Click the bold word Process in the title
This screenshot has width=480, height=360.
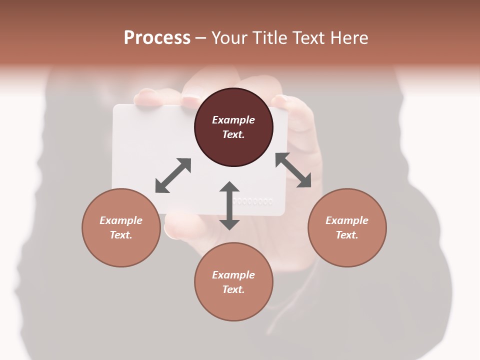pos(157,38)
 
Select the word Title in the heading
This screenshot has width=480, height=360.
pos(270,38)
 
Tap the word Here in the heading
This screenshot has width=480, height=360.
pos(348,38)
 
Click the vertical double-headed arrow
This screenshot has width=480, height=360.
pos(229,206)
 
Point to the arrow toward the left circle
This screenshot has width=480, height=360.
pos(173,175)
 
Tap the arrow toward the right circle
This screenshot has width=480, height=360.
pos(293,170)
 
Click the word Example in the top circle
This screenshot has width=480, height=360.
pos(233,120)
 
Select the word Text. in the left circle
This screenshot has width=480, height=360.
pos(121,235)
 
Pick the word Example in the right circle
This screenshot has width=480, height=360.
pos(347,220)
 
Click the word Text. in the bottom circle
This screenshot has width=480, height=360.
pos(233,289)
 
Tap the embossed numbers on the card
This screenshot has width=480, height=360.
pos(253,201)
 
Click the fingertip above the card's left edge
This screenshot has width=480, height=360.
pos(148,96)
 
